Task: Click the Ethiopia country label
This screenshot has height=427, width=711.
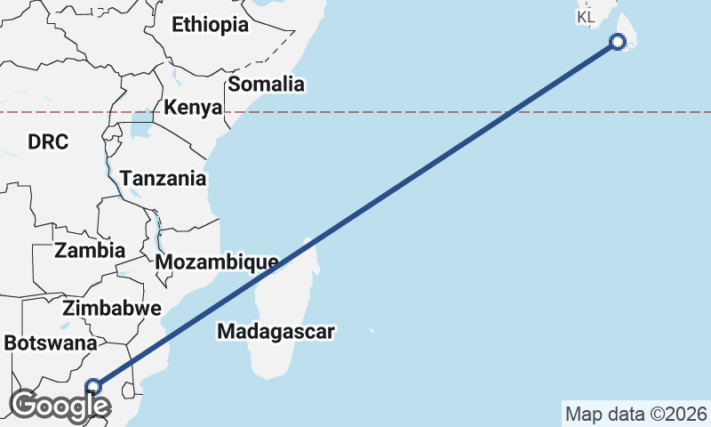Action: click(210, 25)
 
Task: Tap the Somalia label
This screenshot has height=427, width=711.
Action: click(267, 85)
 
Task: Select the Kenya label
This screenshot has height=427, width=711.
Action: click(192, 109)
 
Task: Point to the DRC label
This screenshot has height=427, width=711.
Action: click(47, 142)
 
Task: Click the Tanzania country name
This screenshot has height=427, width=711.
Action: click(164, 179)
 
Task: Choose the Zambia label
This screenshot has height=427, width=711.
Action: click(90, 250)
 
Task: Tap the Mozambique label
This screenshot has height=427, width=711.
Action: click(216, 262)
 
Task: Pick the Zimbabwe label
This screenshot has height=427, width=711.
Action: click(112, 310)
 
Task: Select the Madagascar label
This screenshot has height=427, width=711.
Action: click(276, 333)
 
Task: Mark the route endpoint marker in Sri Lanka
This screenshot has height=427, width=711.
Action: click(619, 41)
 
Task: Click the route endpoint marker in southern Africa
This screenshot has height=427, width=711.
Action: click(94, 386)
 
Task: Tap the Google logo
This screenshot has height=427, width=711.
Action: click(60, 405)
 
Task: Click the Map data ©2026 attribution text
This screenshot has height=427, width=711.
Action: click(635, 414)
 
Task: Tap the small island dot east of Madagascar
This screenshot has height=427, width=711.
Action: click(371, 332)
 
